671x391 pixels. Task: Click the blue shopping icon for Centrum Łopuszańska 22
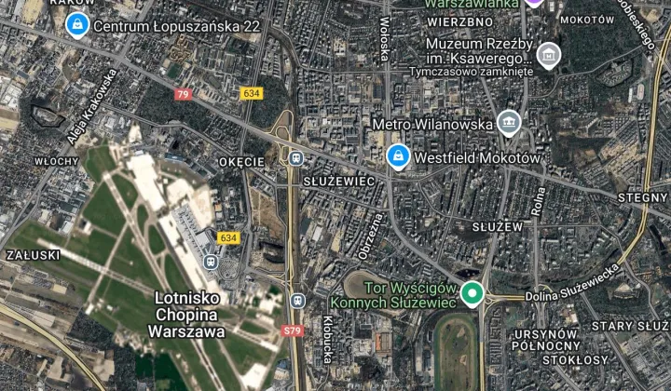[78, 25]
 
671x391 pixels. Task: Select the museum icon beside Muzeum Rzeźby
[549, 54]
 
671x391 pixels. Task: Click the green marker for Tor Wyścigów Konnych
[472, 294]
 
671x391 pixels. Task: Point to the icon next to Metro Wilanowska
[508, 122]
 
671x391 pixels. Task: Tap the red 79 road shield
[183, 94]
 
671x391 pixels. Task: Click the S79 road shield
[292, 331]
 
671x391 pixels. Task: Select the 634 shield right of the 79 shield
[252, 94]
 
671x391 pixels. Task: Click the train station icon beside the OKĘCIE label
[296, 158]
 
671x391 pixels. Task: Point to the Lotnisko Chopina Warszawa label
[188, 314]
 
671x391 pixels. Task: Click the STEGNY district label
[643, 197]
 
